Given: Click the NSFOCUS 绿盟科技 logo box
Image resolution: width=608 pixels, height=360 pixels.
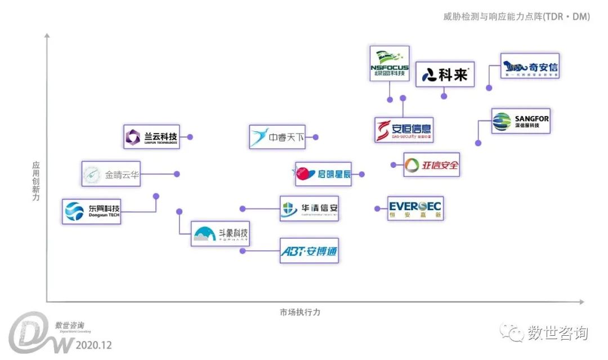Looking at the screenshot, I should (x=390, y=63).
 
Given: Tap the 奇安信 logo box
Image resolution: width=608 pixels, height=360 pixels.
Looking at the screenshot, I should (x=529, y=66).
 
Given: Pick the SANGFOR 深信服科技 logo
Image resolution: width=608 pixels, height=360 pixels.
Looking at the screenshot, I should (x=520, y=121).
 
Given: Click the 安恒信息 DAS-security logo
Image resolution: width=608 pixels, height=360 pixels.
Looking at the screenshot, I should (x=404, y=130).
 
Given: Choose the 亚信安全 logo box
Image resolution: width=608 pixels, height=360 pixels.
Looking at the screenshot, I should (x=431, y=165).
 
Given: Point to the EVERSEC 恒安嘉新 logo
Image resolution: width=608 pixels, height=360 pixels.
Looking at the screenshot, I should (x=415, y=208).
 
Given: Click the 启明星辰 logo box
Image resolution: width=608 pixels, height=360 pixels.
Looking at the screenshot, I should (x=324, y=174).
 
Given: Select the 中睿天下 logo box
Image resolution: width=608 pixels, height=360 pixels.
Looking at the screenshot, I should (x=277, y=137).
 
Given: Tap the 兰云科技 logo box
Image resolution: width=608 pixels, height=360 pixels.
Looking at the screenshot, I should (x=151, y=137).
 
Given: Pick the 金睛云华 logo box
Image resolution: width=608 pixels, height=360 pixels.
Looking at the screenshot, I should (x=111, y=174).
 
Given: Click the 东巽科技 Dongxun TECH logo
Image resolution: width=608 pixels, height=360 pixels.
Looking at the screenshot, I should (x=92, y=211).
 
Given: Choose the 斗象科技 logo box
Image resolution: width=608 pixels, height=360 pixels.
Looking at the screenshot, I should (x=220, y=233).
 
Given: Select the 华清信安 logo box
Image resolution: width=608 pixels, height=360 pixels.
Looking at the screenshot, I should (x=309, y=208).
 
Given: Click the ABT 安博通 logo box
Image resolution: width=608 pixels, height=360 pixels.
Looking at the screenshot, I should (x=309, y=251).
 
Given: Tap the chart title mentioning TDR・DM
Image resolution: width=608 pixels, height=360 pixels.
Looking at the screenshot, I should (x=516, y=16).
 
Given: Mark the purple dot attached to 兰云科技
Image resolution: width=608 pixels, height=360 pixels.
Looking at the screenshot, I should (x=190, y=137).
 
